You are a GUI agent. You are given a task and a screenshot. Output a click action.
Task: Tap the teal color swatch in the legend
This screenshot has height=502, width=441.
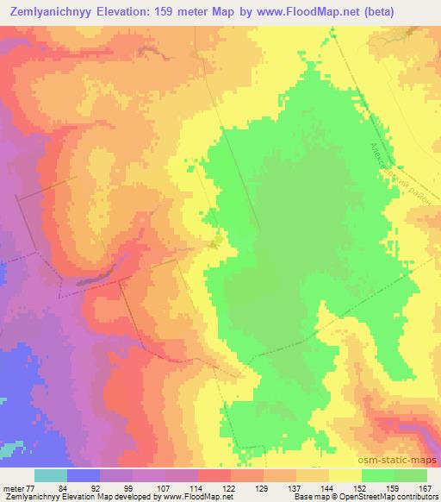50,475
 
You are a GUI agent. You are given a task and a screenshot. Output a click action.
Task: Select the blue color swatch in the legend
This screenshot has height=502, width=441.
83,475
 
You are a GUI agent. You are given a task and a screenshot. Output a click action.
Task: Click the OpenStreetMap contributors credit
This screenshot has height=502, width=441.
397,497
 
